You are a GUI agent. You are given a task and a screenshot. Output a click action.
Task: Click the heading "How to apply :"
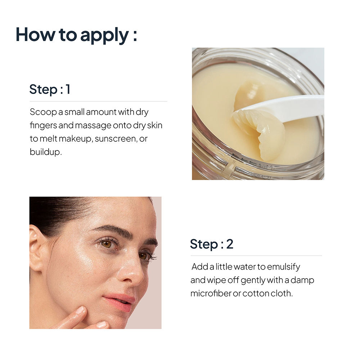tap(76, 35)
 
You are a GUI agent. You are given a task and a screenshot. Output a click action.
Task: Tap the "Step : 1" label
tap(50, 89)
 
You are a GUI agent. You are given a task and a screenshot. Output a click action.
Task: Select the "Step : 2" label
tap(212, 244)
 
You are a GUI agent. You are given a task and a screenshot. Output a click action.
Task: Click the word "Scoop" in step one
tap(43, 112)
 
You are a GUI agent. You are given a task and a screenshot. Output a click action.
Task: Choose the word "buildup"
tap(46, 152)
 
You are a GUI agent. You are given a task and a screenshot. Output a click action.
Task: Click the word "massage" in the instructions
tap(93, 126)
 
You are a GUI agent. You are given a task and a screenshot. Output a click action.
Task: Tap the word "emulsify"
tap(283, 267)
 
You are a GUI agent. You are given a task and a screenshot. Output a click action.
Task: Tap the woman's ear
tap(37, 248)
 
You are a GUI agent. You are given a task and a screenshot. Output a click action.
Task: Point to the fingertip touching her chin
tap(80, 310)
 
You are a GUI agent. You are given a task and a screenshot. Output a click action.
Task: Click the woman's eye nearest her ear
tap(107, 244)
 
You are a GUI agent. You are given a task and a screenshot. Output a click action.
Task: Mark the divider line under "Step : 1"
tap(98, 101)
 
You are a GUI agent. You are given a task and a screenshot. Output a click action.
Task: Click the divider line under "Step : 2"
tap(256, 256)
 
